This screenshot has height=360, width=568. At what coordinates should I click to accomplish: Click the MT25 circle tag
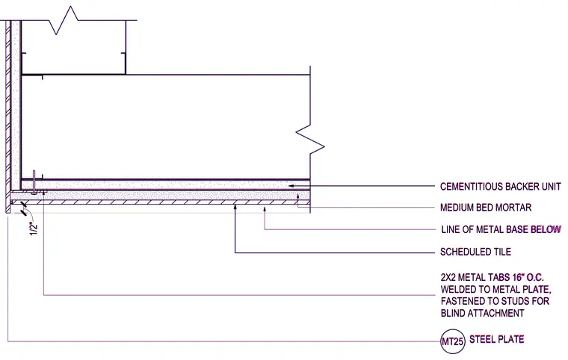[x=453, y=341]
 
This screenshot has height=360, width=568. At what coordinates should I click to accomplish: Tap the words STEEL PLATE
[x=497, y=339]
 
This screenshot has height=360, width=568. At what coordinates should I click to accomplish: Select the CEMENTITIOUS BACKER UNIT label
[x=500, y=187]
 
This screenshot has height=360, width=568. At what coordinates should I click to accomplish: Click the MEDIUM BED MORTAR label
[x=486, y=208]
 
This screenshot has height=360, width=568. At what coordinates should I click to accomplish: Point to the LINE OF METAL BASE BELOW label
[x=501, y=229]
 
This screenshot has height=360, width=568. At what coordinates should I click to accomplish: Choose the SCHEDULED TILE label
[x=475, y=252]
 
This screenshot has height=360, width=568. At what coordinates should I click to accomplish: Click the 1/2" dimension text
[x=34, y=229]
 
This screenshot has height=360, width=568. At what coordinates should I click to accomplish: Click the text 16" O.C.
[x=528, y=278]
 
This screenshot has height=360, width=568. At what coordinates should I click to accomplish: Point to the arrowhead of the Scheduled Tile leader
[x=235, y=207]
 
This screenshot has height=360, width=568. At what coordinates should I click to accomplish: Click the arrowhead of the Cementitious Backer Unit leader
[x=291, y=186]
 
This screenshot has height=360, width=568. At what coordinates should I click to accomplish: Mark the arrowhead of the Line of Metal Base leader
[x=265, y=208]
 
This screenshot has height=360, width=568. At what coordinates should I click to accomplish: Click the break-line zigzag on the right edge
[x=310, y=140]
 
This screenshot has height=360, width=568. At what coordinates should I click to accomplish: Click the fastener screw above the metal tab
[x=34, y=182]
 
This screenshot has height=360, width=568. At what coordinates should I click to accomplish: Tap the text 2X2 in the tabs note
[x=448, y=278]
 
